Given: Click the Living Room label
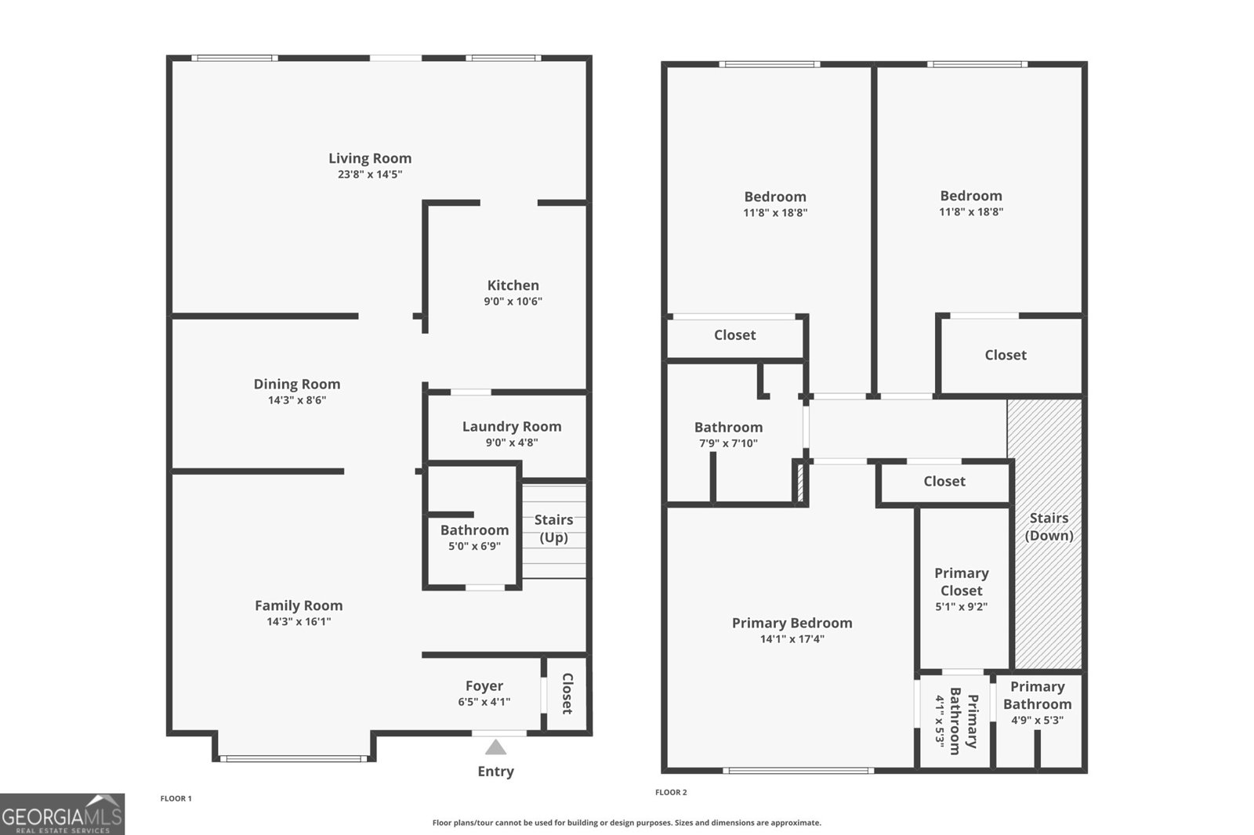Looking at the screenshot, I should point(370,158).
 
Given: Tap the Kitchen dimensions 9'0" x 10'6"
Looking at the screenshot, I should point(513,302).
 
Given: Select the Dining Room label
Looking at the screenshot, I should point(297,384).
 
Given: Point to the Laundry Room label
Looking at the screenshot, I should point(512,426).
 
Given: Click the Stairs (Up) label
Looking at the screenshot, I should point(553,528).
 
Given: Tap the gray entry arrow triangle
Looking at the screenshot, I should point(495,747).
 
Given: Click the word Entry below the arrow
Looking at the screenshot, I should point(495,772).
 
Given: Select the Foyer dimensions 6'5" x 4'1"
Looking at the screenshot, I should point(484,702).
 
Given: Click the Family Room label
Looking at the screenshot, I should point(299,605).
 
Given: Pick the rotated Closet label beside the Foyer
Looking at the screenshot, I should point(567,694).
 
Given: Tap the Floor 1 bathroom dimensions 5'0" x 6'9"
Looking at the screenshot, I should point(474,546).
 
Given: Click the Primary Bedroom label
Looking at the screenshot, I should point(792,623).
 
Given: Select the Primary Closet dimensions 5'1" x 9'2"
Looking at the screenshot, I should point(961,606).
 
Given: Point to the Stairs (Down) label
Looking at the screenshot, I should point(1049,526).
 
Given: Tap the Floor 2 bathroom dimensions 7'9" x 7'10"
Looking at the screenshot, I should point(728,443).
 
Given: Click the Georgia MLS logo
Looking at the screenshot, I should point(62,815).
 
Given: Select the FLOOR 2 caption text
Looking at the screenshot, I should point(671,793).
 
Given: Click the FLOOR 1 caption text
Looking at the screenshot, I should point(176,799).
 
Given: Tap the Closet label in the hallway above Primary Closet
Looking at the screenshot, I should point(944,481).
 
